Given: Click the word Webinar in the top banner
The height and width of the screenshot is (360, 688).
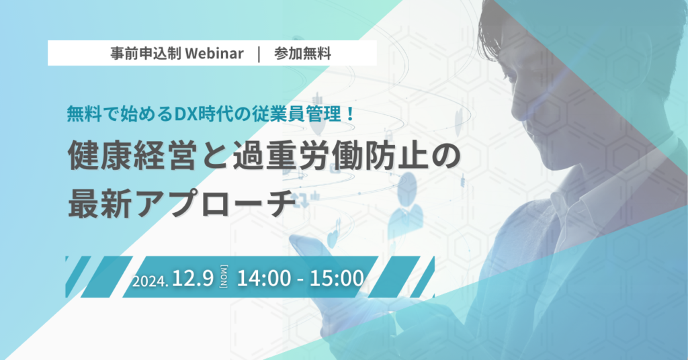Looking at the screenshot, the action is pyautogui.click(x=214, y=54).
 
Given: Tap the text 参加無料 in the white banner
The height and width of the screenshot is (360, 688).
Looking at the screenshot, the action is pyautogui.click(x=302, y=54).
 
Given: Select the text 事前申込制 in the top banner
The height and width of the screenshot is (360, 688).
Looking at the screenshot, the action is pyautogui.click(x=146, y=54).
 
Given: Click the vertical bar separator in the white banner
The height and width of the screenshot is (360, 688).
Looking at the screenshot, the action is pyautogui.click(x=259, y=54).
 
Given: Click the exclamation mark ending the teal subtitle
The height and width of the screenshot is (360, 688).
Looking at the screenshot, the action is pyautogui.click(x=349, y=114).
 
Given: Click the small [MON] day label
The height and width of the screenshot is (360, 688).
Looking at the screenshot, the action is pyautogui.click(x=224, y=277).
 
